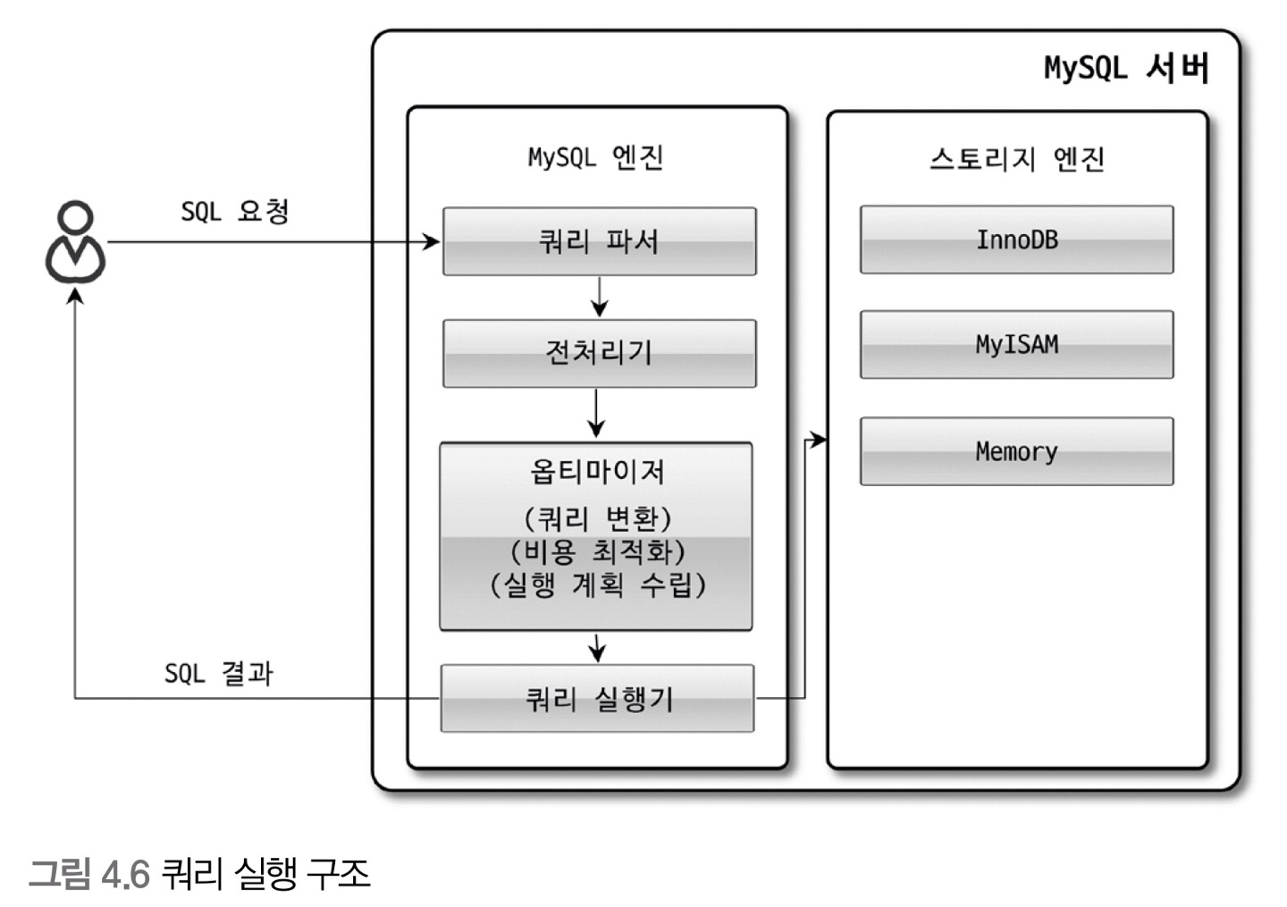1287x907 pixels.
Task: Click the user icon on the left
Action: tap(76, 242)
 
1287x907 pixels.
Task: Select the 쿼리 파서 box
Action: tap(599, 241)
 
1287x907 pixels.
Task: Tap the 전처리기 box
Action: tap(599, 353)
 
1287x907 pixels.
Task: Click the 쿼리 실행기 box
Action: tap(597, 698)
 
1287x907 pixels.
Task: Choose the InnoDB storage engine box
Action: tap(1016, 239)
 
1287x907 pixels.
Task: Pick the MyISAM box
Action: tap(1016, 345)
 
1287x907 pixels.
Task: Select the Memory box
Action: tap(1016, 451)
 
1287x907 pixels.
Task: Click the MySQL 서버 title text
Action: tap(1126, 68)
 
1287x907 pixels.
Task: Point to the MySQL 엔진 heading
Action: tap(595, 157)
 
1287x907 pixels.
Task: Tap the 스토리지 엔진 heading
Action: tap(1016, 159)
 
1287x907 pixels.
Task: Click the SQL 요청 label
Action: tap(235, 212)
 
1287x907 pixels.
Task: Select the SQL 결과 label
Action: tap(219, 673)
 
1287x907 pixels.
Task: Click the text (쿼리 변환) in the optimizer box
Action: tap(597, 518)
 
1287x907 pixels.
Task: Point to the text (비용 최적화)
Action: tap(597, 551)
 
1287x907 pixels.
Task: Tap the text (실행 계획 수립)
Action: tap(597, 584)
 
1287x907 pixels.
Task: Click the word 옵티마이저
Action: tap(597, 472)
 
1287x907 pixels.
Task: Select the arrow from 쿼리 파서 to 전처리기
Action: tap(599, 297)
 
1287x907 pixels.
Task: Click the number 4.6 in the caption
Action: tap(125, 874)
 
